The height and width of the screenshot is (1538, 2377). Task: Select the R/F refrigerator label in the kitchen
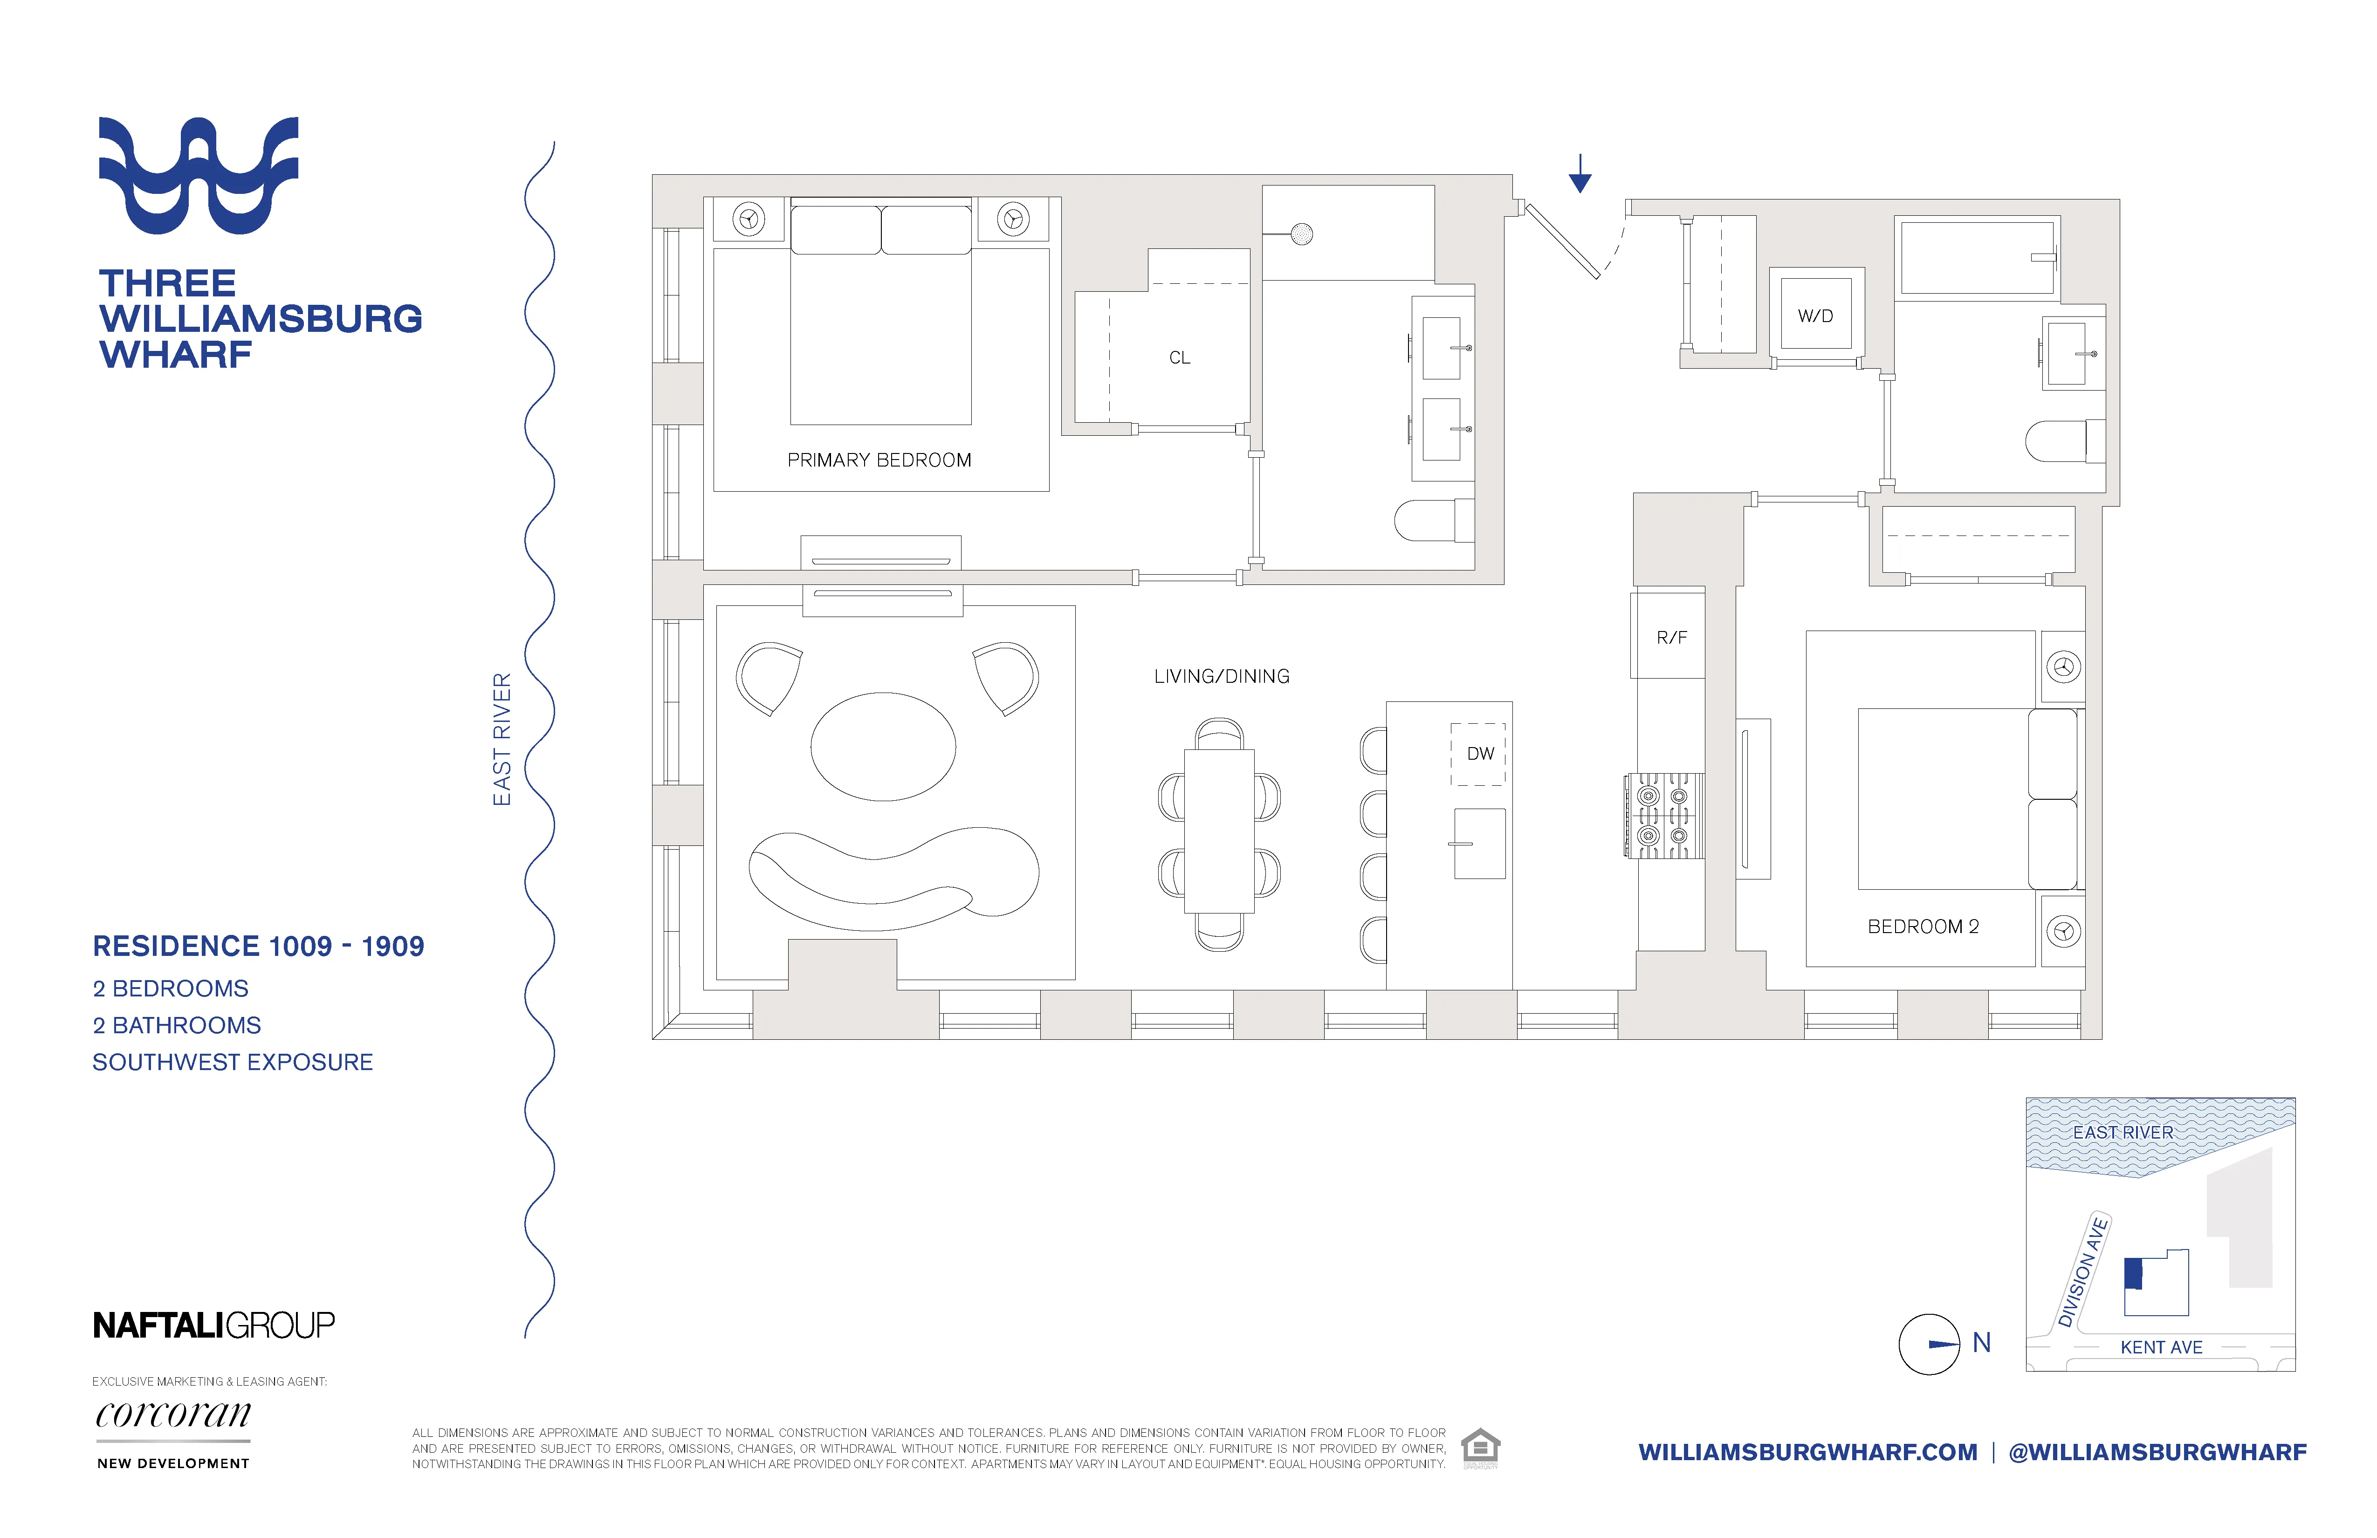pos(1671,637)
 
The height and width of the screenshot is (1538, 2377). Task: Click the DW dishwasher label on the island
pos(1480,754)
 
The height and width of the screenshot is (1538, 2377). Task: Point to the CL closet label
pos(1180,357)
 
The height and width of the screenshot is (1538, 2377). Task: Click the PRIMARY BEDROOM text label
pos(879,460)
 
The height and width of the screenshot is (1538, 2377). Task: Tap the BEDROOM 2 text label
pos(1923,927)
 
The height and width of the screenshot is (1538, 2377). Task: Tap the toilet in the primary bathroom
pos(1433,520)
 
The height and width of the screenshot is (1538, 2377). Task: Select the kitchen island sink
pos(1479,844)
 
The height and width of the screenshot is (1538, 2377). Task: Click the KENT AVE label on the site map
pos(2161,1347)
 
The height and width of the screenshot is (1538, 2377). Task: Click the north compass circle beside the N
pos(1929,1344)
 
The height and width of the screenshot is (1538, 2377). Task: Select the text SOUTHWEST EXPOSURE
pos(233,1063)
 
